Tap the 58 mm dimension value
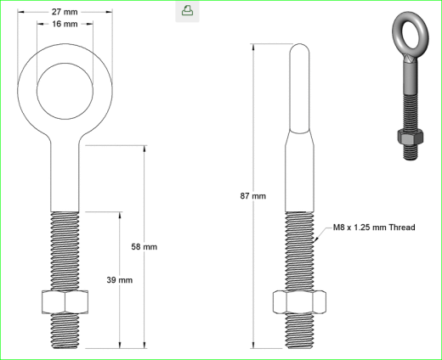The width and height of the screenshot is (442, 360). click(144, 247)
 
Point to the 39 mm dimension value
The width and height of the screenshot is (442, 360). click(120, 280)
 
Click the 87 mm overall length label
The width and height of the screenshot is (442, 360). click(253, 196)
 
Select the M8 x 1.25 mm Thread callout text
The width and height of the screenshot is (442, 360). click(373, 228)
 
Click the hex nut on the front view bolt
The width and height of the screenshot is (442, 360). click(65, 303)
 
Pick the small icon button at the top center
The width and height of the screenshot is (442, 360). click(187, 11)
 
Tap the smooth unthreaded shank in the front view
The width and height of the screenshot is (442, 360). click(65, 178)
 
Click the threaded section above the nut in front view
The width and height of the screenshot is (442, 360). click(65, 250)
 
